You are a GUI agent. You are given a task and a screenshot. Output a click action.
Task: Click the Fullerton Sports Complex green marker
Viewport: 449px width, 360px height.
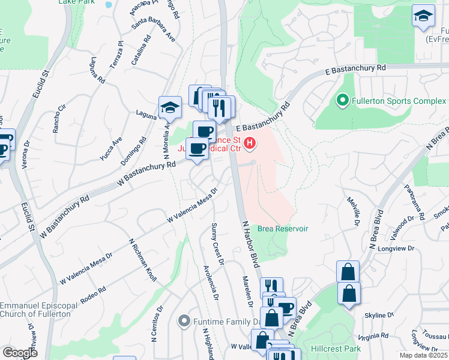tap(343, 100)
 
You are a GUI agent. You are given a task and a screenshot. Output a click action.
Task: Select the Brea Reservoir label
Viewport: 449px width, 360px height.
tap(283, 229)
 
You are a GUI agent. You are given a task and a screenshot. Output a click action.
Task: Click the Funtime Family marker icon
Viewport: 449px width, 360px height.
tap(185, 322)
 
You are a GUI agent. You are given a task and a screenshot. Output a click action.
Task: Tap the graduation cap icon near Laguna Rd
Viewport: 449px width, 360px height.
tap(170, 108)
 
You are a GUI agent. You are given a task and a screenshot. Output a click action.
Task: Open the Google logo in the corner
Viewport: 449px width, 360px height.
tap(20, 353)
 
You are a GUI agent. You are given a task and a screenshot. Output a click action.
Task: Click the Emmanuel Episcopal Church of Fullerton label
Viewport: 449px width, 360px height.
tap(38, 310)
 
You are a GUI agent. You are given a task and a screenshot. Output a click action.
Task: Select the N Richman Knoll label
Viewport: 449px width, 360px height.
tap(143, 259)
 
